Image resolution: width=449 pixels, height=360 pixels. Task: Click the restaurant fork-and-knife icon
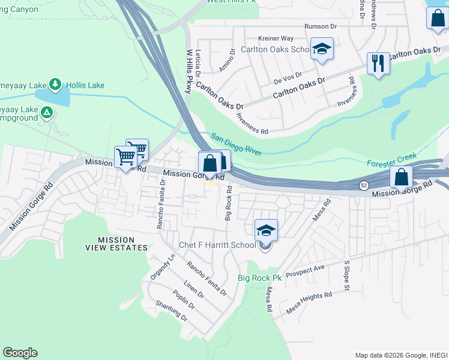point(378,63)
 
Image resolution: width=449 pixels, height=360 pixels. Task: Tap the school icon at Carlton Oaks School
point(322,50)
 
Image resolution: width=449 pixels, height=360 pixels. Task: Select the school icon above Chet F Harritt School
point(267,230)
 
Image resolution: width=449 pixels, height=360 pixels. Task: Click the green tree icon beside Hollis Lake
point(55,84)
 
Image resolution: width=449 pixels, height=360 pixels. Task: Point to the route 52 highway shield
point(364,185)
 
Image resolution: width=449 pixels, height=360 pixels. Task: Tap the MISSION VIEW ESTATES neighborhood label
point(115,244)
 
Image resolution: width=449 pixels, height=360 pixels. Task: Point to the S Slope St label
point(346,276)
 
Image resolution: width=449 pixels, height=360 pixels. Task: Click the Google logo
point(20,353)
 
